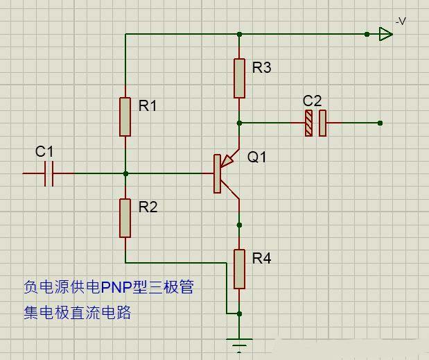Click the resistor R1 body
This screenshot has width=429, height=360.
click(x=125, y=117)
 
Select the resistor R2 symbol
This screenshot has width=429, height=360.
click(x=125, y=218)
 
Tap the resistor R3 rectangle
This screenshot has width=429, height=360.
click(x=239, y=78)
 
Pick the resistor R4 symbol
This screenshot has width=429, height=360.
click(x=239, y=269)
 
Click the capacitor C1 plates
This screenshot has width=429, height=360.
click(x=49, y=173)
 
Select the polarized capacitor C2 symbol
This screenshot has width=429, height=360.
click(x=315, y=123)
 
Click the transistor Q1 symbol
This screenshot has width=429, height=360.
click(x=223, y=172)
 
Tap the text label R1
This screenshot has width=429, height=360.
click(x=148, y=105)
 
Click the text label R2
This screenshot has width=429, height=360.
click(x=148, y=207)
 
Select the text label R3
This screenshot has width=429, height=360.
click(x=261, y=68)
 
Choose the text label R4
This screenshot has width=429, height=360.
click(x=261, y=259)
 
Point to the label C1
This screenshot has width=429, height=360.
click(x=44, y=151)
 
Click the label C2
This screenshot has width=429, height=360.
click(x=313, y=101)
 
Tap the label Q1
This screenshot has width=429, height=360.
click(x=257, y=157)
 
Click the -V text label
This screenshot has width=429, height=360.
click(x=401, y=22)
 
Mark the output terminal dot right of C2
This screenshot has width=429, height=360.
click(x=380, y=123)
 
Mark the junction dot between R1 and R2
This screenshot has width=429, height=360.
click(x=125, y=173)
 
